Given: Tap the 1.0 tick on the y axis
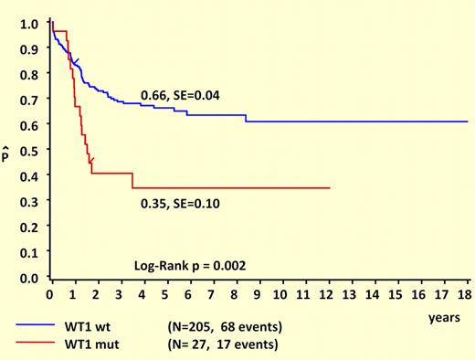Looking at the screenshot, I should [x=31, y=23].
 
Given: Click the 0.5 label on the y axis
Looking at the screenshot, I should [x=31, y=150].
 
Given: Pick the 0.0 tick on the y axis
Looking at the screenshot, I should [x=31, y=277].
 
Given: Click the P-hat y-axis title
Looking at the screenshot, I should [x=10, y=153].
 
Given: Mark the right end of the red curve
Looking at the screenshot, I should [x=329, y=188].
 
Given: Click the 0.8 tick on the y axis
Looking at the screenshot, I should [x=31, y=74].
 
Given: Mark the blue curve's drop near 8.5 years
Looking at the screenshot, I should [x=246, y=118].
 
